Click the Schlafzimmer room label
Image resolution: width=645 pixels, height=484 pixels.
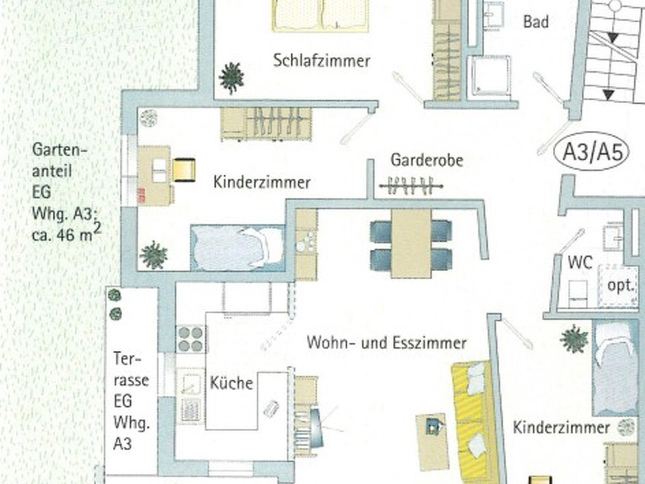[x=322, y=61]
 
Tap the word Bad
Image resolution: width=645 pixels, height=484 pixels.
[x=535, y=22]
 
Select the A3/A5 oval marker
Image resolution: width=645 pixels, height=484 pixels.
[x=591, y=154]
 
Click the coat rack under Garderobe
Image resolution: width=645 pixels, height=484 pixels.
[x=411, y=186]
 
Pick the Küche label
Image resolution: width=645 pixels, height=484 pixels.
[x=231, y=383]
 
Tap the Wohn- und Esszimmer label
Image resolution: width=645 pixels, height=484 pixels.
[x=386, y=343]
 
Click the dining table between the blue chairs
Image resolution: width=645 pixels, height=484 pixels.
[x=411, y=243]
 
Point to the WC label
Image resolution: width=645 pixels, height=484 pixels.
[x=580, y=262]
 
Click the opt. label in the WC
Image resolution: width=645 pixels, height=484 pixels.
[x=619, y=284]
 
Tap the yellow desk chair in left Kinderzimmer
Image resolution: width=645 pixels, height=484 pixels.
[x=183, y=169]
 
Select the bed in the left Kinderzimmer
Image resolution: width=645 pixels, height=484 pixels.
[x=236, y=247]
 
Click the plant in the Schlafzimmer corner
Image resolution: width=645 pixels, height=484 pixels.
[x=231, y=78]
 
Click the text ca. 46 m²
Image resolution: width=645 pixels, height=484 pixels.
[x=66, y=233]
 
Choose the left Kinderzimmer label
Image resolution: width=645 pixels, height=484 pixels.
[x=262, y=182]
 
